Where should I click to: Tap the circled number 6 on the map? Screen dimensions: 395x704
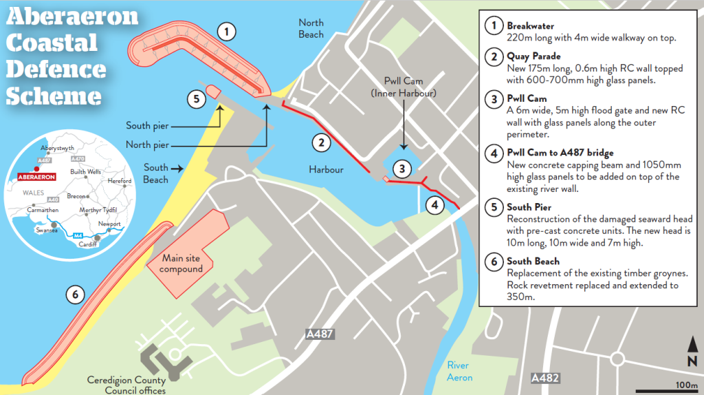point(76,295)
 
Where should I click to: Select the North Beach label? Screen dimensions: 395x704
point(311,28)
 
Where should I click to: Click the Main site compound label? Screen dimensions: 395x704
point(182,264)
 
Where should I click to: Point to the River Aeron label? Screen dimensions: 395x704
point(459,372)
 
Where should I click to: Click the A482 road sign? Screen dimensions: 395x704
point(545,378)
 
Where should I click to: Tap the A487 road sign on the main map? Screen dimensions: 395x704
point(320,334)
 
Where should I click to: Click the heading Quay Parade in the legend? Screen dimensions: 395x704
point(533,56)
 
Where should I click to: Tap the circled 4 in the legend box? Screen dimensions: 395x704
point(494,153)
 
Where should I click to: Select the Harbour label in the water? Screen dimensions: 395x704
point(326,169)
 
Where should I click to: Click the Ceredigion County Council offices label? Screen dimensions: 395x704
point(126,385)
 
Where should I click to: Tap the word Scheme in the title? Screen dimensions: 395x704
point(54,95)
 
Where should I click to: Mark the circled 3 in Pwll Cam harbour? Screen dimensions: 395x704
point(403,168)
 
